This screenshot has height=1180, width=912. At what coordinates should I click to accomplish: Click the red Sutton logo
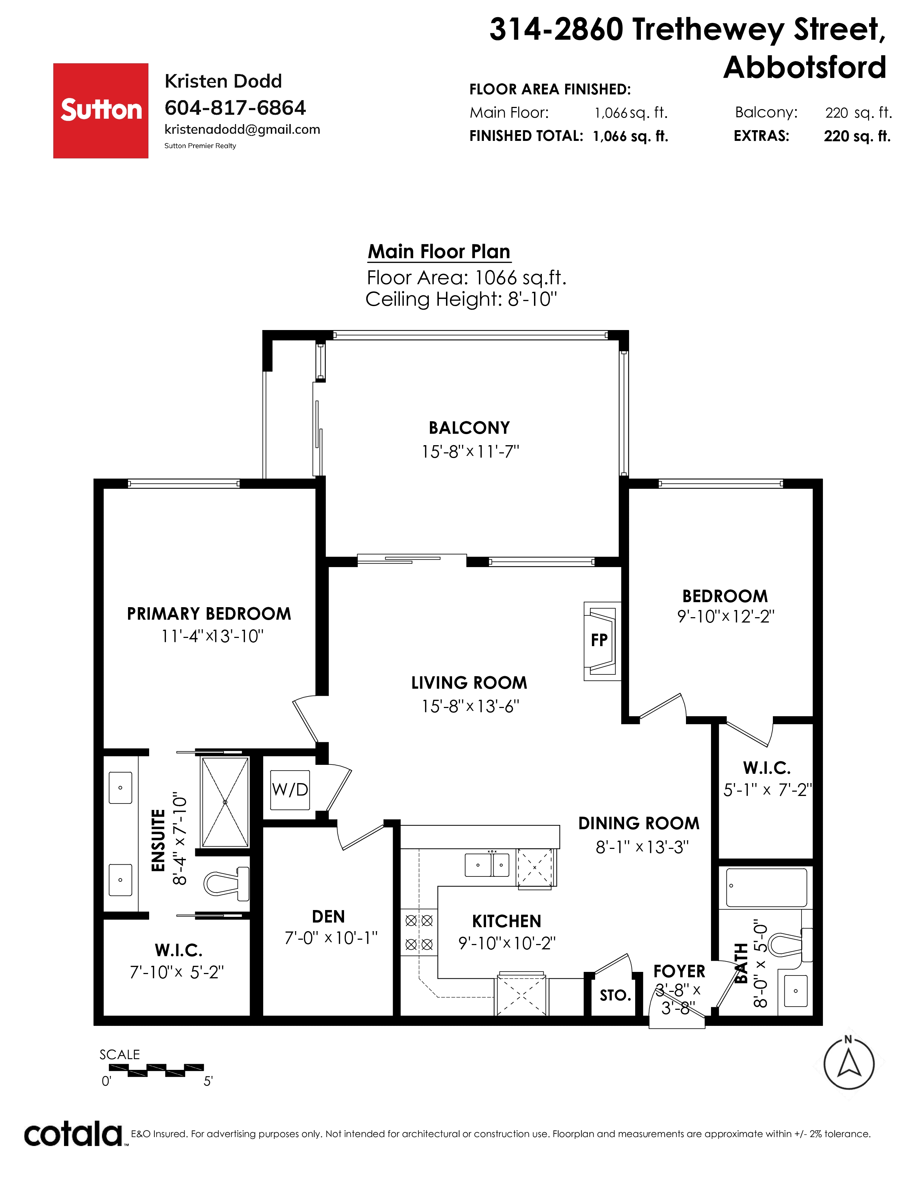(x=100, y=111)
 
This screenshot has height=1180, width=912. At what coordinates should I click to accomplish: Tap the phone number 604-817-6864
(x=235, y=108)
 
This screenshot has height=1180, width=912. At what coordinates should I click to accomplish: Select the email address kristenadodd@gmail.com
(x=242, y=130)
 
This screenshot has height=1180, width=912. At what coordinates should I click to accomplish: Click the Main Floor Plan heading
(x=439, y=252)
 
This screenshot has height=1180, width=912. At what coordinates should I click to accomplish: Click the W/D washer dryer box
(x=290, y=790)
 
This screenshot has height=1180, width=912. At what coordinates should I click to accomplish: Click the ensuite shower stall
(x=225, y=802)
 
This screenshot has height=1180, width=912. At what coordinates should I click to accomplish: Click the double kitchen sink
(x=487, y=865)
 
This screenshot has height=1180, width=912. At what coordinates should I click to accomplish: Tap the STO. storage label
(x=616, y=995)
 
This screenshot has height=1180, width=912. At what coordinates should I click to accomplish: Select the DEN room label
(x=328, y=916)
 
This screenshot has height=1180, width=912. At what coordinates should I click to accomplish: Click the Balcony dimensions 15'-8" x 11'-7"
(x=470, y=452)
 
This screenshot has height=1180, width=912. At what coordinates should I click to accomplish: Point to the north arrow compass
(x=849, y=1063)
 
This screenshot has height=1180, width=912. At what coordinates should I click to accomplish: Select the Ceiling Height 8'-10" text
(x=461, y=299)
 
